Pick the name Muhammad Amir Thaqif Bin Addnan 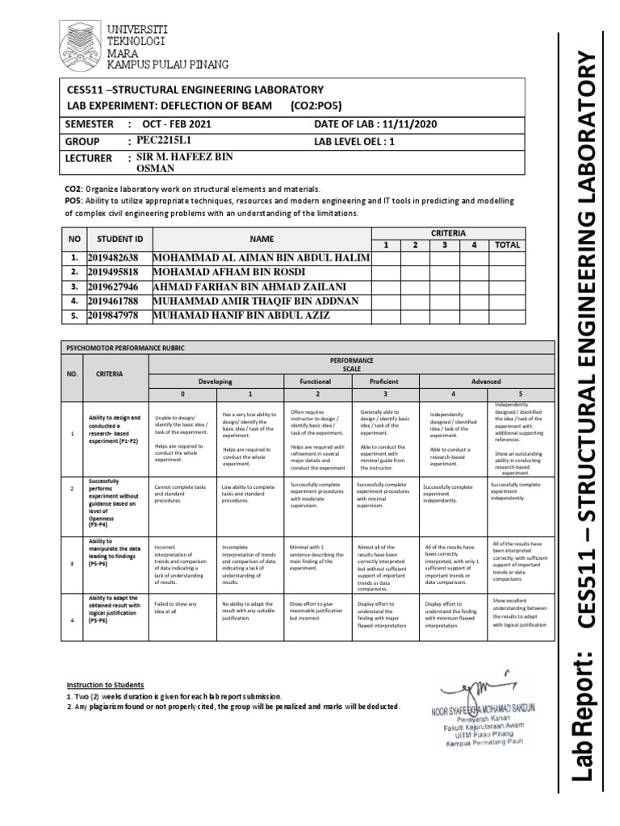click(250, 301)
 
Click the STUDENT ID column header click(119, 240)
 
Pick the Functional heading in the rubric click(315, 382)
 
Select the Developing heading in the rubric click(216, 382)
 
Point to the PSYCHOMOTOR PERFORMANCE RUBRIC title click(122, 348)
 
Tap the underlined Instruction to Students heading click(105, 683)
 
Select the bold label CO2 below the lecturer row click(73, 188)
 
